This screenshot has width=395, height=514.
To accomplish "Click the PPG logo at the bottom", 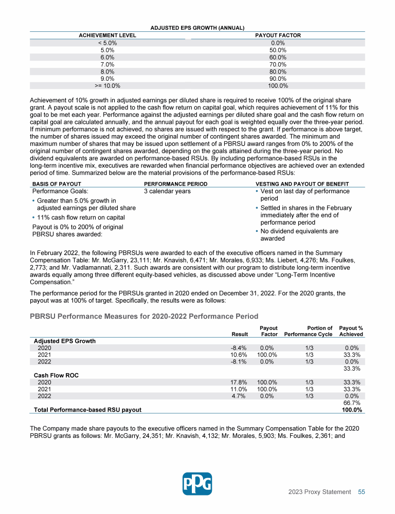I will point(197,484).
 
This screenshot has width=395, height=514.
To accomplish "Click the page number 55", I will point(362,492).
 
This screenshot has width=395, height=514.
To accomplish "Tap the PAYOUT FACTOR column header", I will point(278,35).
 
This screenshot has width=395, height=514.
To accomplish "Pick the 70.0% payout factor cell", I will point(278,65).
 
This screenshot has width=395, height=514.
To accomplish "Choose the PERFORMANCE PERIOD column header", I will point(175,184).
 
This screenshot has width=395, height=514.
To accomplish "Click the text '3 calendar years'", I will point(167,191).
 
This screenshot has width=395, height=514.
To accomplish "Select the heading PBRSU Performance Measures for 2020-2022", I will point(144,316).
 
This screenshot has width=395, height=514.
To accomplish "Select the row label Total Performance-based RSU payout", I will point(87,410).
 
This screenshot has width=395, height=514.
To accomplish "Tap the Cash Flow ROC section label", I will point(56,375).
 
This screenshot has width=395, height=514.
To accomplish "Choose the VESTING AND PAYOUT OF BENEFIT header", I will point(302,184).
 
